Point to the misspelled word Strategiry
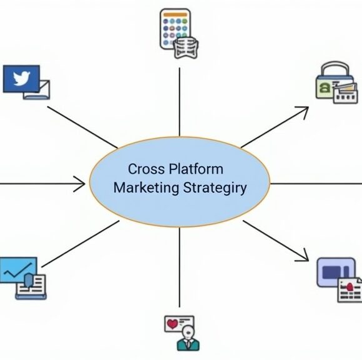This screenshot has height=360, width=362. (x=215, y=188)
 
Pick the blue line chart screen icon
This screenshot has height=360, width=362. (x=17, y=271)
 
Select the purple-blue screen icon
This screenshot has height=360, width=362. (x=335, y=272)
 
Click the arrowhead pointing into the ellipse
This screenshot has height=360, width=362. (x=80, y=184)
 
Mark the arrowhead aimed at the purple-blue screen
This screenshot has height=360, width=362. (x=303, y=254)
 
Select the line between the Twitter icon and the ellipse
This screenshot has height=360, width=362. (x=81, y=124)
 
